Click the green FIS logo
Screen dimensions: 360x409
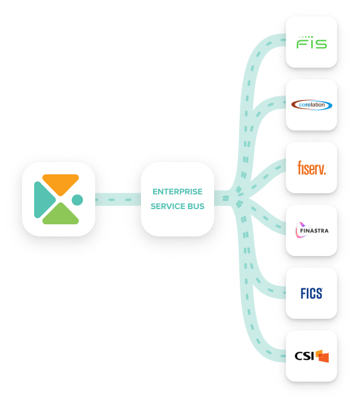(x=311, y=42)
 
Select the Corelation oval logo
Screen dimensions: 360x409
(x=311, y=105)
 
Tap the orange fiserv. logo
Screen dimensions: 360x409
(x=312, y=168)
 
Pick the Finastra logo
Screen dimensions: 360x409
(x=312, y=230)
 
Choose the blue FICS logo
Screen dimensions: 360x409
(x=311, y=293)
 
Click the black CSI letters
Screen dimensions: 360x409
(x=304, y=356)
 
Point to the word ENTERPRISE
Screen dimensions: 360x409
(x=178, y=192)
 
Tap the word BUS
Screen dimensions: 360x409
(x=196, y=206)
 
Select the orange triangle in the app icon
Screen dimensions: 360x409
(x=60, y=183)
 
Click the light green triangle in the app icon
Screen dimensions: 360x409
(x=60, y=215)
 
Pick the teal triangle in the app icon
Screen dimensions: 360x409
(x=43, y=200)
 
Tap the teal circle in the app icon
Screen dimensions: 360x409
(x=77, y=200)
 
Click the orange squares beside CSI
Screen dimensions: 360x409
(x=322, y=356)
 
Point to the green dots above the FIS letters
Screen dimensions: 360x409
(x=306, y=37)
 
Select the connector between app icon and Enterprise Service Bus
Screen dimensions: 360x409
(x=118, y=199)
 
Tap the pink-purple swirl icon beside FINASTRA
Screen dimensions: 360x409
(x=300, y=230)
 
